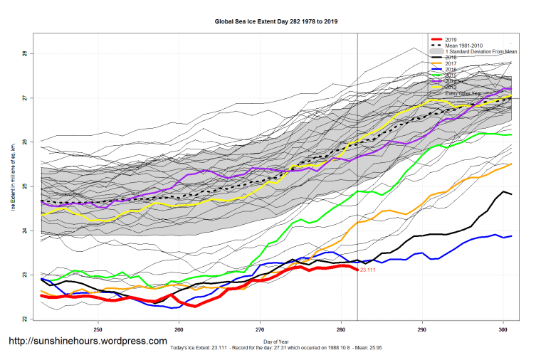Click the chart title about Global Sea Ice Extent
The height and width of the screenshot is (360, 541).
[x=276, y=21]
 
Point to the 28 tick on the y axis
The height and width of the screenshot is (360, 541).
[x=23, y=53]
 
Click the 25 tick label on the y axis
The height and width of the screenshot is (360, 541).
[x=23, y=186]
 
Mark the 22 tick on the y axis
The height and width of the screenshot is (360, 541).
[x=23, y=319]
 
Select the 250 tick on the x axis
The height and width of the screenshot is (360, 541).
[x=98, y=329]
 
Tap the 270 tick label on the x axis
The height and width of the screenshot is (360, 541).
[x=261, y=329]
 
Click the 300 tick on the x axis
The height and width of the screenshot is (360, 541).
[x=503, y=329]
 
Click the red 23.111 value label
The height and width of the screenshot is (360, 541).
[x=368, y=270]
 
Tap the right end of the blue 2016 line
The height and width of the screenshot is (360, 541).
[x=512, y=235]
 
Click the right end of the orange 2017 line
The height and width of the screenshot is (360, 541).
[x=512, y=164]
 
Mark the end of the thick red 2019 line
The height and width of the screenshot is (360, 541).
[x=357, y=270]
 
